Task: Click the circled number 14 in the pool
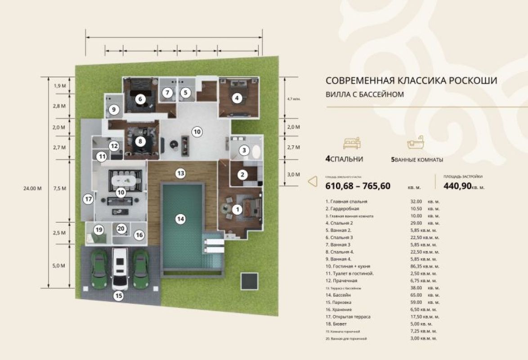pyautogui.click(x=180, y=219)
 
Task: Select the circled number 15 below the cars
pyautogui.click(x=119, y=296)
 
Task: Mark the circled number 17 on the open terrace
pyautogui.click(x=88, y=198)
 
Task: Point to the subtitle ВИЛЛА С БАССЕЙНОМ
pyautogui.click(x=364, y=94)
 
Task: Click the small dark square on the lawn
pyautogui.click(x=250, y=281)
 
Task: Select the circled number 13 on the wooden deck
pyautogui.click(x=180, y=173)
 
